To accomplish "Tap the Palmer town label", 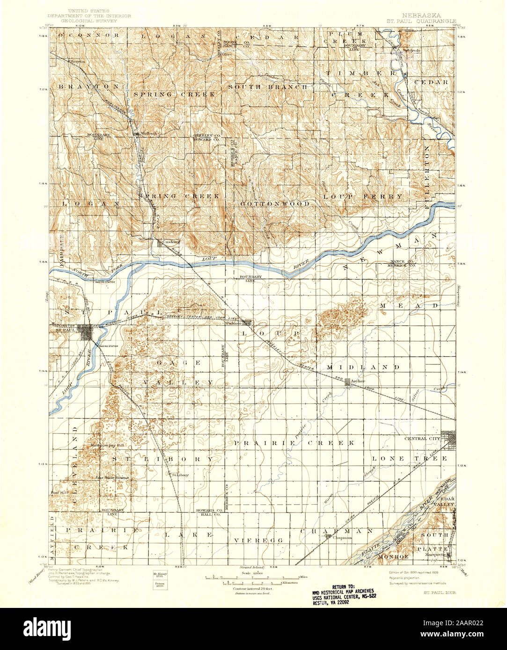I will coord(233,323).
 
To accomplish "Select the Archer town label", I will coord(357,381).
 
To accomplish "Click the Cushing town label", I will coord(171,242).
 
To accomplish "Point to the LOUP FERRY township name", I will coord(363,196).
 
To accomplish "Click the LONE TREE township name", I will coord(410,459).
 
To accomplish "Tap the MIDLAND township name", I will coord(363,367).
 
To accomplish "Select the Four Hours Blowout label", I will coord(112,477).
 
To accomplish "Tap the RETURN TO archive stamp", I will coord(349,594).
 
